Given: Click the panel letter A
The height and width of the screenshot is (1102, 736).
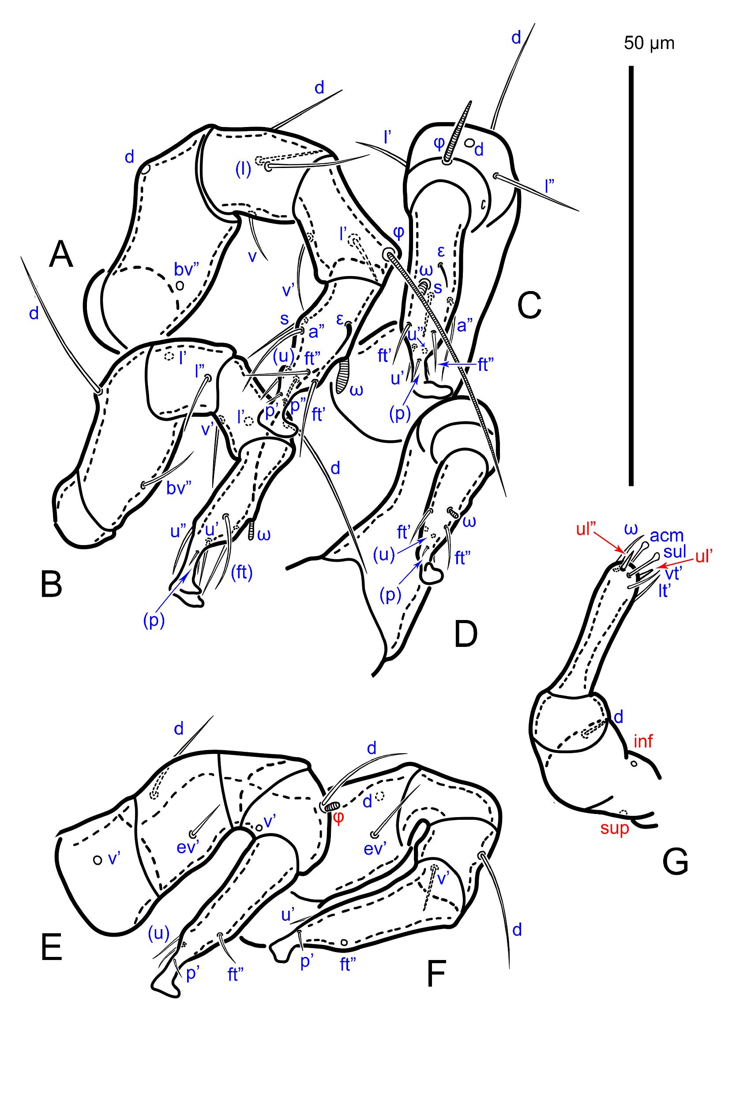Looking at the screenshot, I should (61, 254).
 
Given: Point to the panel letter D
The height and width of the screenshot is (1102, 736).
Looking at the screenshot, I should (466, 633).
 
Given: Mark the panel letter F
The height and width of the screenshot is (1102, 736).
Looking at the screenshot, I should (436, 974).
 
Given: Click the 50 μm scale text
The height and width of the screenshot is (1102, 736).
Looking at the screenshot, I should (649, 43).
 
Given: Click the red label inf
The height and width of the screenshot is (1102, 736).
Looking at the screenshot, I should (642, 741).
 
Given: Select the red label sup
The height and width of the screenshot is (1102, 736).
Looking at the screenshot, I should (614, 828).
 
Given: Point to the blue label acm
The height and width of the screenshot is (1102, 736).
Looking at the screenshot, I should (667, 535).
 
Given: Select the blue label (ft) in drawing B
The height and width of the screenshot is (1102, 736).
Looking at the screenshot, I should (242, 572).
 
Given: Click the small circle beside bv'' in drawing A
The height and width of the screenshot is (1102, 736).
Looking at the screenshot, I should (179, 285).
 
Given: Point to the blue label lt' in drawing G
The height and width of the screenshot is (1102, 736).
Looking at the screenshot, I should (664, 590).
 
